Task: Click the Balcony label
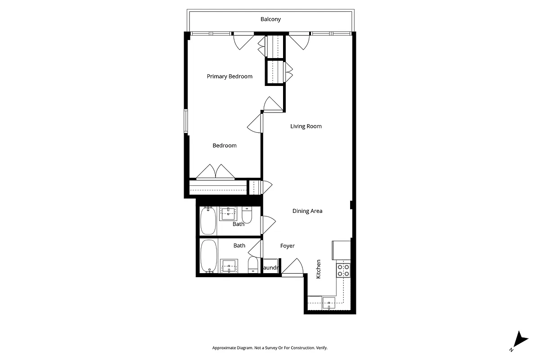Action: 270,19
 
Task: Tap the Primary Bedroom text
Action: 229,76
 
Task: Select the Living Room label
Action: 306,126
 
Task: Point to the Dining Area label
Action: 307,211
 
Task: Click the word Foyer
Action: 288,246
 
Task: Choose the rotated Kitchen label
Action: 319,269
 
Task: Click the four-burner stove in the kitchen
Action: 343,270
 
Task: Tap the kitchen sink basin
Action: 329,304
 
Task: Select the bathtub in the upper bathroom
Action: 208,220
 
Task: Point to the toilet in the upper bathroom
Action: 247,214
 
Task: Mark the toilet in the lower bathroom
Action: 253,265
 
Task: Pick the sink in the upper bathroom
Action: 229,213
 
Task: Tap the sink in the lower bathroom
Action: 229,266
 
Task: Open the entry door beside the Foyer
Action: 292,268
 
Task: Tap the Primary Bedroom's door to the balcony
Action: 243,41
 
